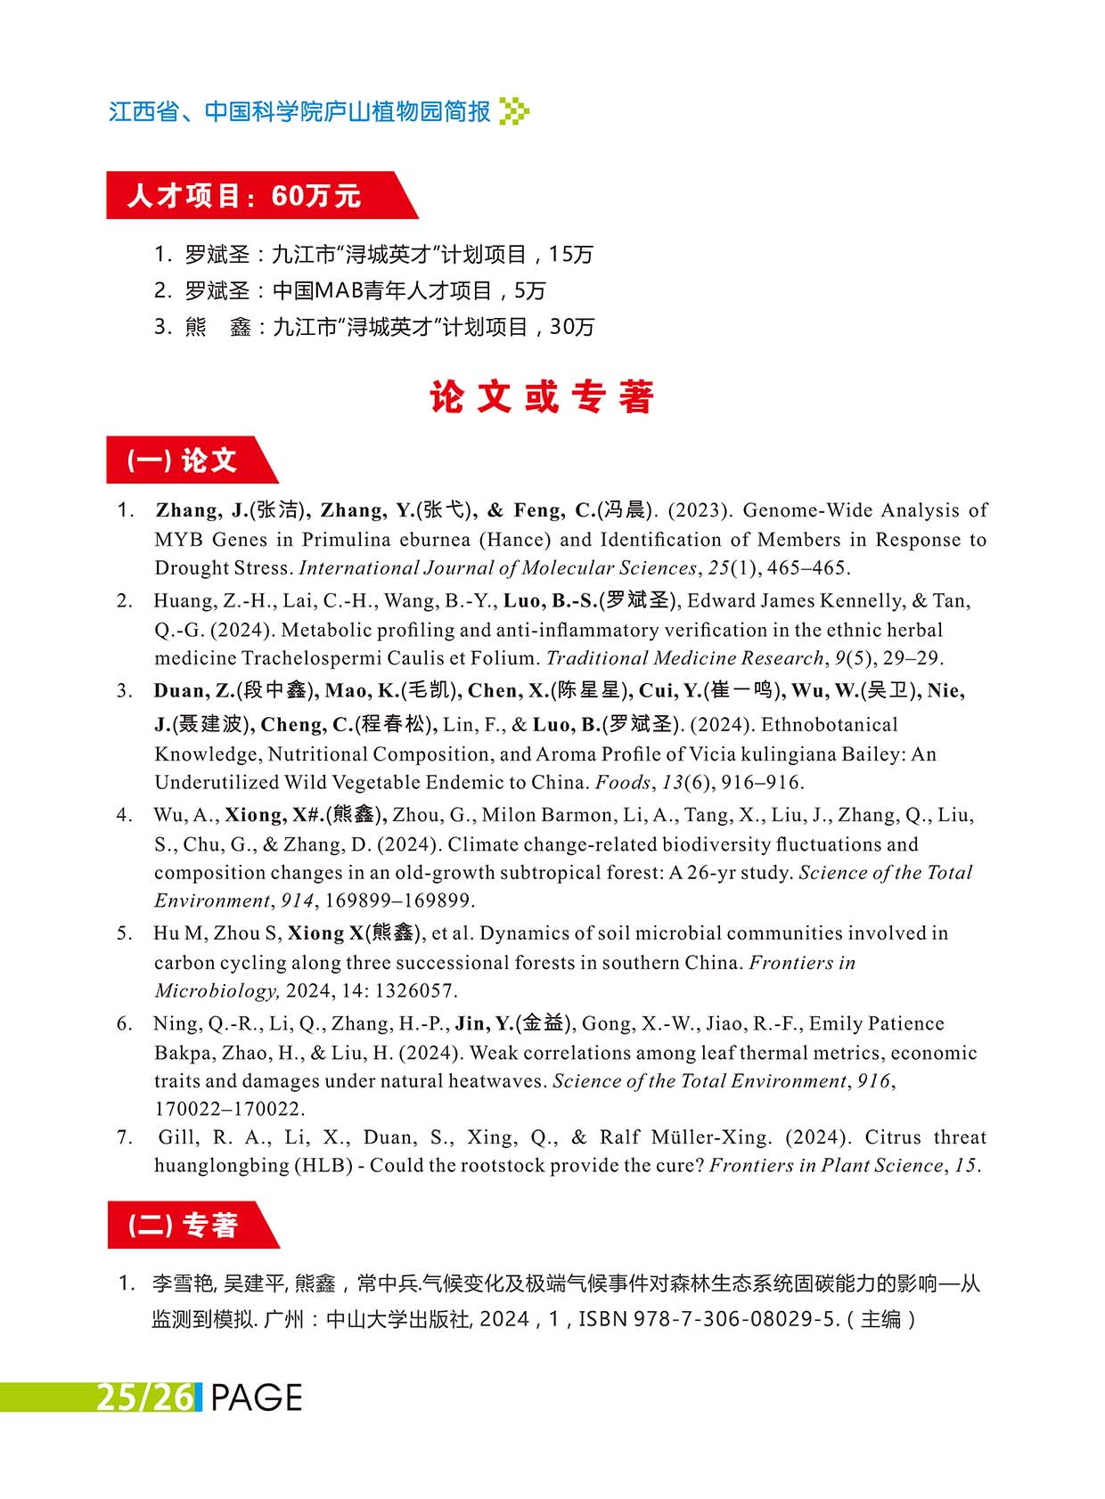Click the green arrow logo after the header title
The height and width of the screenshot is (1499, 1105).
515,111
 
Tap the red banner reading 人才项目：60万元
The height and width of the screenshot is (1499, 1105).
245,195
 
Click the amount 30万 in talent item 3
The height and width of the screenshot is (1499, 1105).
571,327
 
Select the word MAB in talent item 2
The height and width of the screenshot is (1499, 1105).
335,290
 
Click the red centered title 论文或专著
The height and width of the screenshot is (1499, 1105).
542,397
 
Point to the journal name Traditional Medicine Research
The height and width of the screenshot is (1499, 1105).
684,658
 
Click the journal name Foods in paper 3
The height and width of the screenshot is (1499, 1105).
623,783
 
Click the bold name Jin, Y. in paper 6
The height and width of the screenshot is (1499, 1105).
484,1024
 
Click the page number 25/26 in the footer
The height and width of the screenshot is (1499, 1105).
144,1397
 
